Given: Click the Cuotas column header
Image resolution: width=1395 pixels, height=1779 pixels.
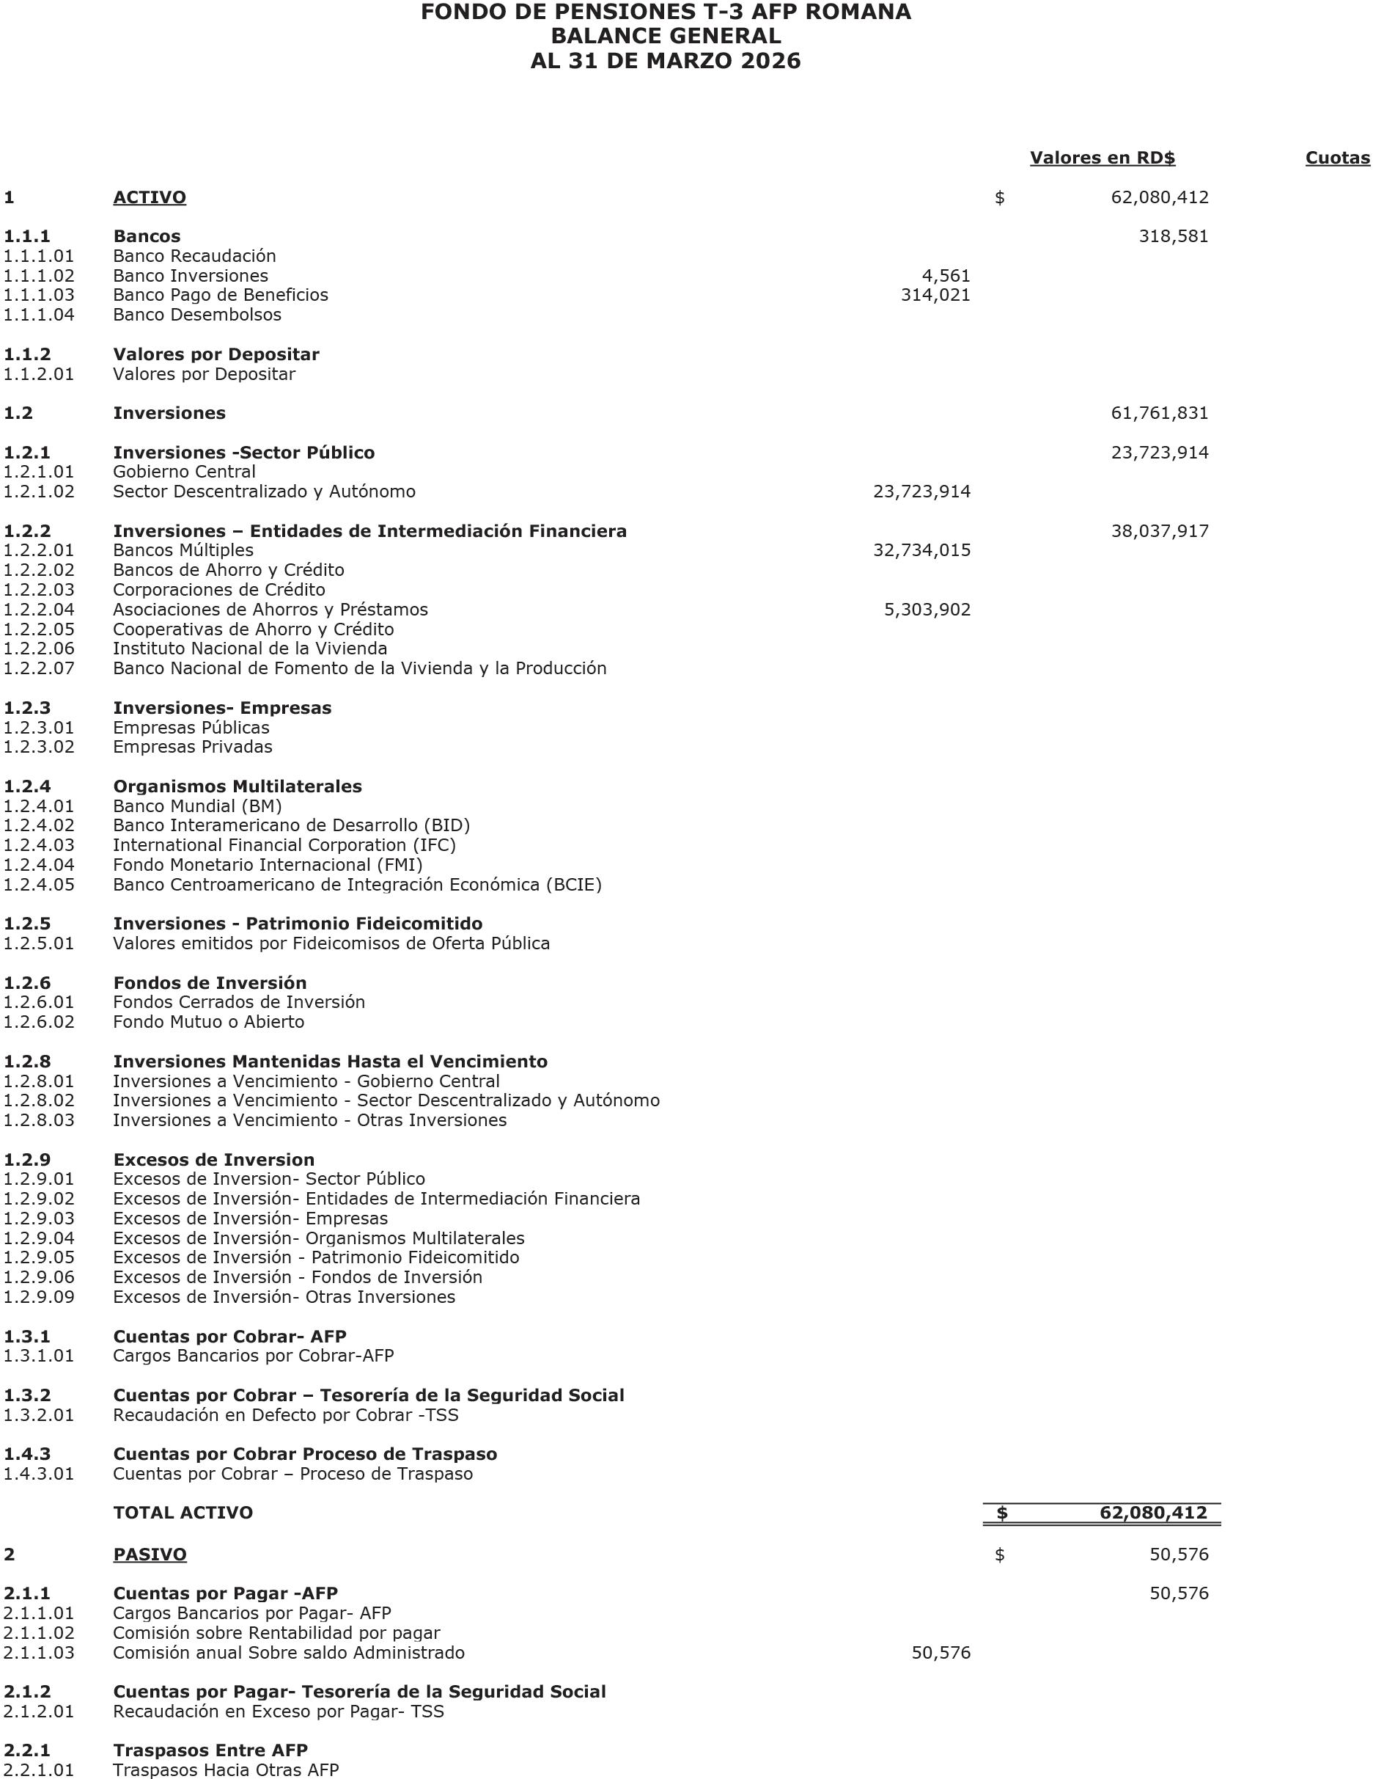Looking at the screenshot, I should click(x=1337, y=158).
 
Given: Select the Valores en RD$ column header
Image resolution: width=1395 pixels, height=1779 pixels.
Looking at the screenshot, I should click(x=1102, y=158).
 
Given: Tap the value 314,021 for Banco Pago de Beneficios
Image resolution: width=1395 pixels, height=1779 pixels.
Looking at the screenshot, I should click(x=935, y=295).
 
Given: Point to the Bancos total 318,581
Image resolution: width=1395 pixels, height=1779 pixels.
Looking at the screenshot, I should click(x=1173, y=237).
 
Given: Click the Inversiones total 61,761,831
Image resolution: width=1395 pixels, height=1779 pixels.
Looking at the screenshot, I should click(x=1159, y=414).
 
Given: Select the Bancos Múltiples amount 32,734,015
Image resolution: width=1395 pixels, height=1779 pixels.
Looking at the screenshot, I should click(x=921, y=551).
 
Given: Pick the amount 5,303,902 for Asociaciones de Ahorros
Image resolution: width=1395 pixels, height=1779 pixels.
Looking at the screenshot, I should click(x=927, y=610).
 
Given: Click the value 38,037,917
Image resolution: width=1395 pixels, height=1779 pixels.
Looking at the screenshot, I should click(x=1159, y=531).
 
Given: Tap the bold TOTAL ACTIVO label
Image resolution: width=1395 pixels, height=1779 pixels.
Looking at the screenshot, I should click(x=183, y=1513).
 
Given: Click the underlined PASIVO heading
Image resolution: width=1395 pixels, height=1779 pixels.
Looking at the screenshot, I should click(x=150, y=1555).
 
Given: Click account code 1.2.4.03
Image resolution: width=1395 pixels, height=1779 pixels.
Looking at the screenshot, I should click(x=38, y=845).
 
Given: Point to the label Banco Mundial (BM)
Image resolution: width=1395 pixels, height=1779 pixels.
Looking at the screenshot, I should click(x=197, y=806).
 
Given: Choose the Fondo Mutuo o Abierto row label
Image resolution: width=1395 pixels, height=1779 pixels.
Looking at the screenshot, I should click(x=208, y=1021).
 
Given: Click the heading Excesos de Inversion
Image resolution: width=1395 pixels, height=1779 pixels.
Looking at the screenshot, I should click(x=213, y=1160).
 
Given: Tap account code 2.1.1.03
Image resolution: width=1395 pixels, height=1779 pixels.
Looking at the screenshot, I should click(x=38, y=1652).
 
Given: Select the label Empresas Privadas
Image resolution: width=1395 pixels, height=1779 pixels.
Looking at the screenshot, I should click(x=193, y=747).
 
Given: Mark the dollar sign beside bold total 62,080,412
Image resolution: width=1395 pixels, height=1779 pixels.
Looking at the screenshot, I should click(x=1001, y=1513).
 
